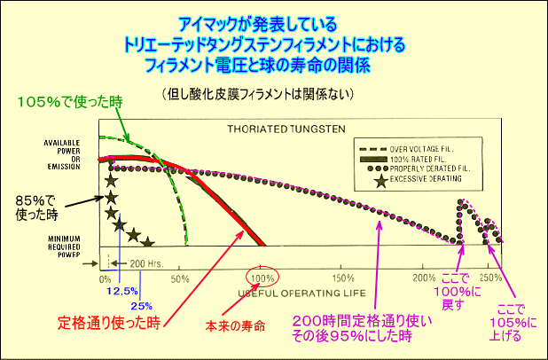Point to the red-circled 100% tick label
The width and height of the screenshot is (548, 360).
coord(262,278)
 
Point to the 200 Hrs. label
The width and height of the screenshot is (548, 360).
coord(147,263)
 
